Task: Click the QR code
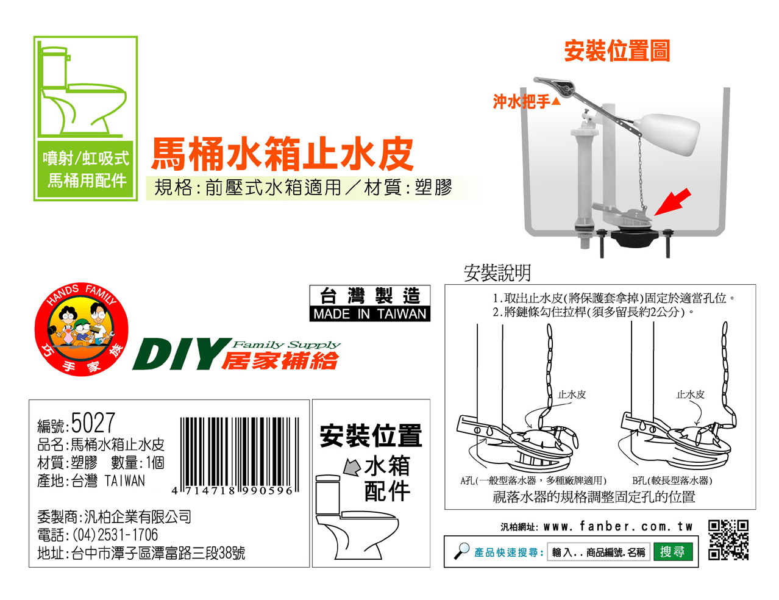pyautogui.click(x=728, y=540)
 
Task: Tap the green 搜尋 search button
pyautogui.click(x=672, y=551)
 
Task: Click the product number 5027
pyautogui.click(x=93, y=423)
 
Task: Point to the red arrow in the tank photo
pyautogui.click(x=672, y=202)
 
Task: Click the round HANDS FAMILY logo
pyautogui.click(x=82, y=329)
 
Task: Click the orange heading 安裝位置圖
pyautogui.click(x=617, y=51)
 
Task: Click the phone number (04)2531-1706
pyautogui.click(x=115, y=535)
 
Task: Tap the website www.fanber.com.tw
pyautogui.click(x=617, y=526)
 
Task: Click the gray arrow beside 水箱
pyautogui.click(x=352, y=467)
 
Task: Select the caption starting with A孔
pyautogui.click(x=533, y=480)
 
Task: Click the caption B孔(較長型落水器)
pyautogui.click(x=672, y=480)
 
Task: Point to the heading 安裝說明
pyautogui.click(x=497, y=273)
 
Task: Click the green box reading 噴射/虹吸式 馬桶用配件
pyautogui.click(x=85, y=170)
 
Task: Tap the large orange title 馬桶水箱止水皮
pyautogui.click(x=282, y=154)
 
